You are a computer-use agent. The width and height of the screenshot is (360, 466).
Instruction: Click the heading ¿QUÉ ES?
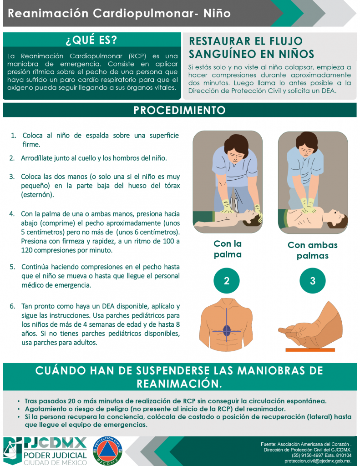pos(91,40)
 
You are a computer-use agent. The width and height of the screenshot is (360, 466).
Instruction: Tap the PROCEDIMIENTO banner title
pos(180,110)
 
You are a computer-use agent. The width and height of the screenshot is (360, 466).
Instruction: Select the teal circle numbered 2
pos(227,280)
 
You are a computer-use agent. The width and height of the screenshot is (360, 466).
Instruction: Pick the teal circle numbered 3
pos(312,280)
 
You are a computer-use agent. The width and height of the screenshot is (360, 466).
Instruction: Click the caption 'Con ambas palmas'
pos(312,250)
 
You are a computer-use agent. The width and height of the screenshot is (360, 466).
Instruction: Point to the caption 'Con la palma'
pos(228,249)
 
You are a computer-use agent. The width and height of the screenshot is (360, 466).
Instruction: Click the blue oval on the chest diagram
pos(227,330)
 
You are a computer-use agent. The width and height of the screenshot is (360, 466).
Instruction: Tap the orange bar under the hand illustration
pos(310,350)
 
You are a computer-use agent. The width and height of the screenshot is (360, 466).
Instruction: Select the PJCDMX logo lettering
pos(55,443)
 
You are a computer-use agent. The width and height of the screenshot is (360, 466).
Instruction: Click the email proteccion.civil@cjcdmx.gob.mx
pos(318,461)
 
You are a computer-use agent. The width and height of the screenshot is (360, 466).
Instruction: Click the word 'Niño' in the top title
pos(217,13)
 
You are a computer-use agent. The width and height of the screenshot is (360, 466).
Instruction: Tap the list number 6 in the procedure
pos(12,306)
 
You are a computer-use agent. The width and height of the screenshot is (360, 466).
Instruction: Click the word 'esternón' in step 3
pos(37,195)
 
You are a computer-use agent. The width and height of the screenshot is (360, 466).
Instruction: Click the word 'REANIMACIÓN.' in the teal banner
pos(179,383)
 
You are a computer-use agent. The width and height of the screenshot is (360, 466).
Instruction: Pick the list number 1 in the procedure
pos(14,136)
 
